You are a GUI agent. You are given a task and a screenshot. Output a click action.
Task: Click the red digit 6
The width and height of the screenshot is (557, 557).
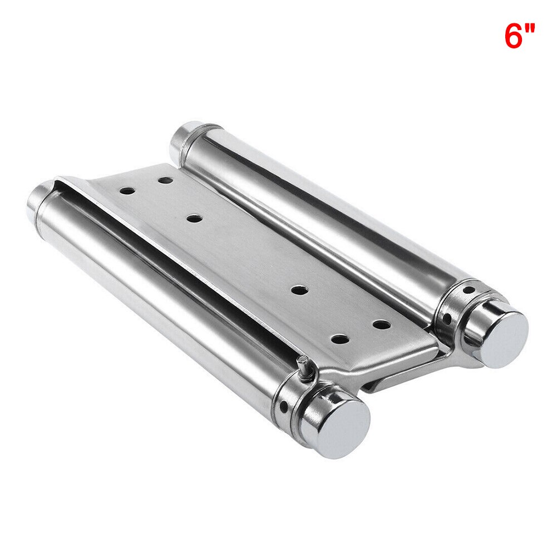(x=514, y=35)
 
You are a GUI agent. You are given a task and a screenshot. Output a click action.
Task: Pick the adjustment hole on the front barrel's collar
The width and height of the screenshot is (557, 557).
(x=284, y=407)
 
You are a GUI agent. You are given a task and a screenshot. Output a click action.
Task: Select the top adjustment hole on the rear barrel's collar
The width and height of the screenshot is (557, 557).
(x=469, y=290)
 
